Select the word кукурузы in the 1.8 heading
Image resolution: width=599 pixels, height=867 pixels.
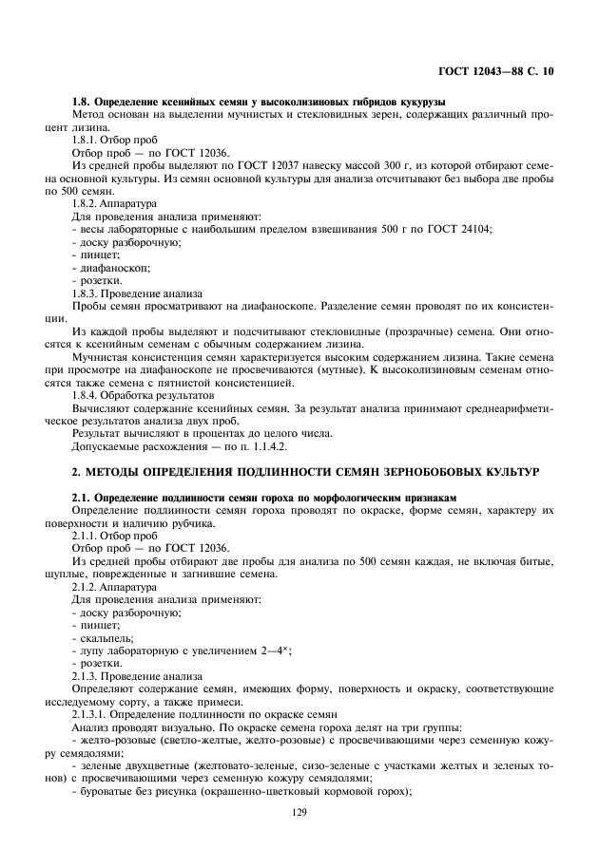coord(420,102)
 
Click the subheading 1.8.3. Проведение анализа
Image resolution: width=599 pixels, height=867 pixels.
coord(136,294)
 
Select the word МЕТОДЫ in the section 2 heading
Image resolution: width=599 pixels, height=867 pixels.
coord(122,471)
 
